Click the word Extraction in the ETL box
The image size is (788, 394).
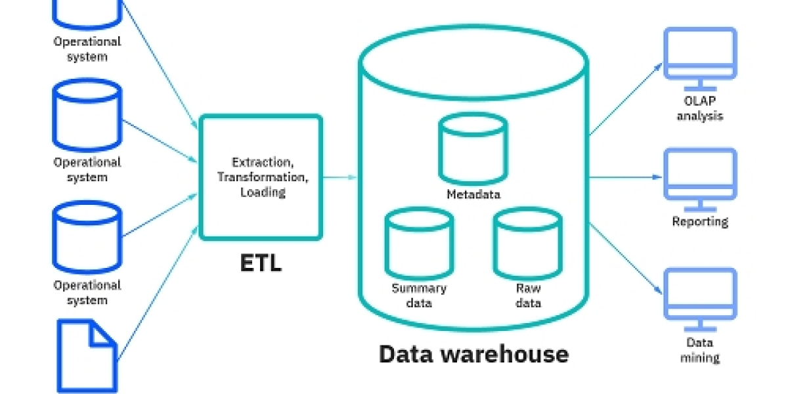261,162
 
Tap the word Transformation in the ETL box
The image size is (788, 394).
261,177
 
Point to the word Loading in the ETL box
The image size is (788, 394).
263,192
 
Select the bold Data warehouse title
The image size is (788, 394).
473,354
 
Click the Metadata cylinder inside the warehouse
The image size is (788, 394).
473,148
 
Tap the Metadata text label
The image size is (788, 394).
473,194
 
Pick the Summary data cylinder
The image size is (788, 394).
419,243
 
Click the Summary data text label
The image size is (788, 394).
419,295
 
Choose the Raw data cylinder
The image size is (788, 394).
528,243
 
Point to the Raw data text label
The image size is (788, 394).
529,295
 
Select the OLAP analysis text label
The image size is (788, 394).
699,108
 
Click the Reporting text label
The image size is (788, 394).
700,222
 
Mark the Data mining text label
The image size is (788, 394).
699,350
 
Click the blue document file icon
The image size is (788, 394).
87,355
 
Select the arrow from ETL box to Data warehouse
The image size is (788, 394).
340,177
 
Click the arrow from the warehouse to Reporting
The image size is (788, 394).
624,177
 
